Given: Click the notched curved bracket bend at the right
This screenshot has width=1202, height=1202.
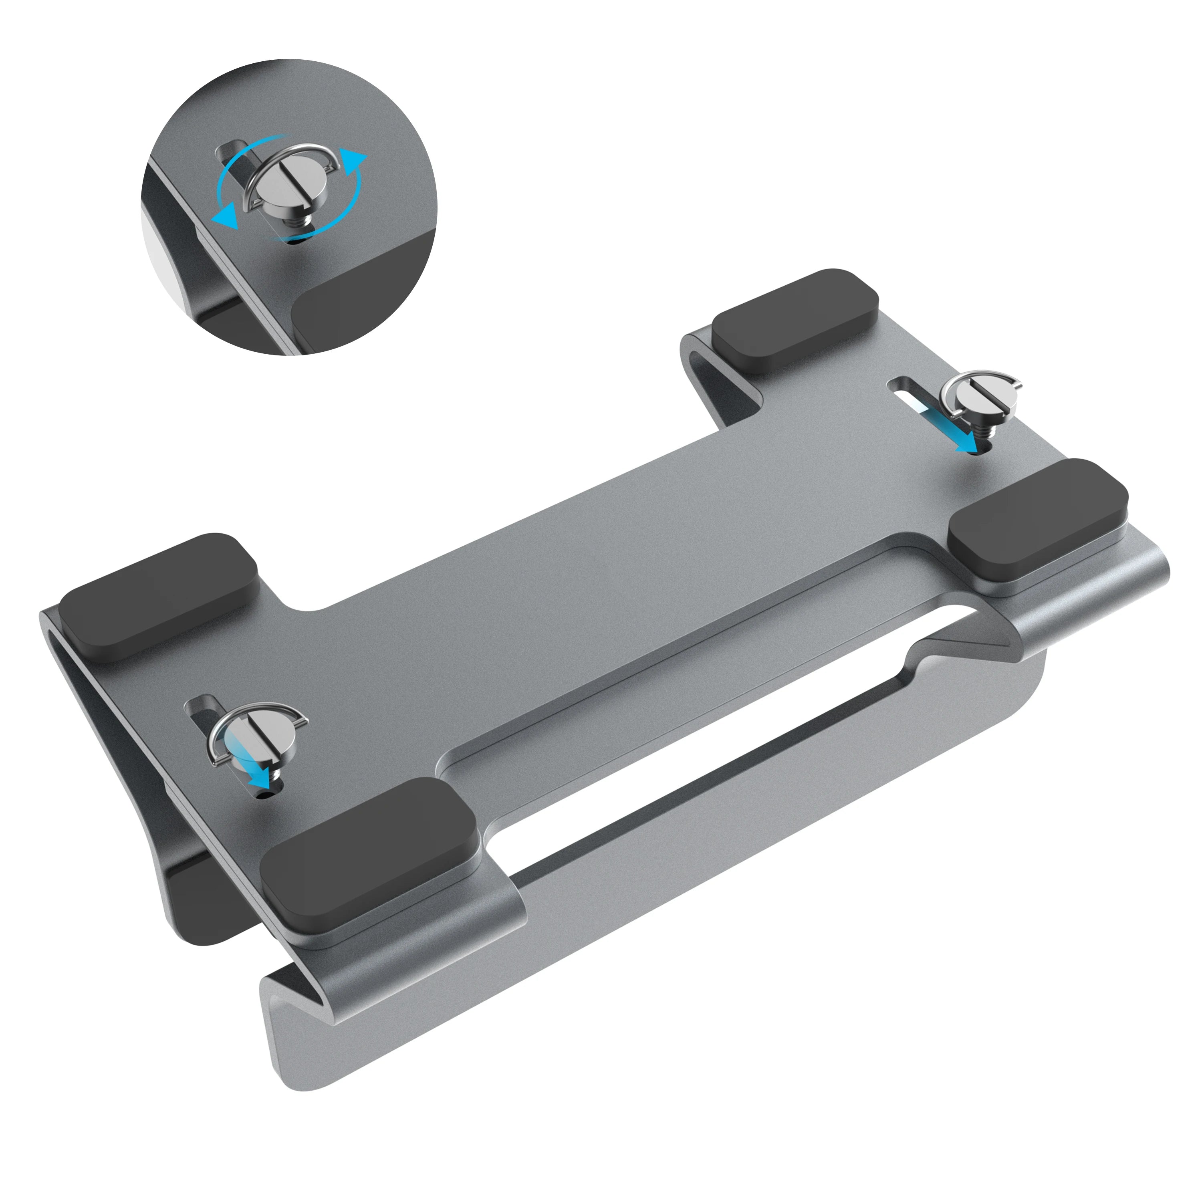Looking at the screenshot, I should (1033, 647).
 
